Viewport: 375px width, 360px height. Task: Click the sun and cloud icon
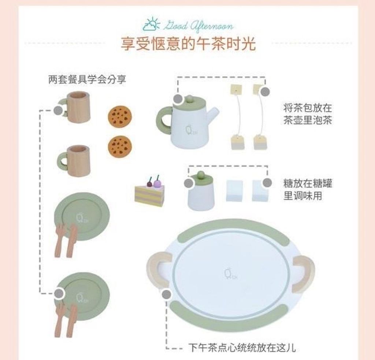151,24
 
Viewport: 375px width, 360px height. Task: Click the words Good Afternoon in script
198,26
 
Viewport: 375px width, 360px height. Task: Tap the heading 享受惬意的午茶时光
188,44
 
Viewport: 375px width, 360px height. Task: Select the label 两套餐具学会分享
87,79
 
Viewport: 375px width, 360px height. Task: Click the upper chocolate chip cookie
120,116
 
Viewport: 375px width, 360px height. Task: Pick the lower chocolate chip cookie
120,146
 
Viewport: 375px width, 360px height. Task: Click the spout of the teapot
212,115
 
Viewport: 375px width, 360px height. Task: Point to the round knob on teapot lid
190,98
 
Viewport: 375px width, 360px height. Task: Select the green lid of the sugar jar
201,177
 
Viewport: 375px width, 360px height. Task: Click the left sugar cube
234,191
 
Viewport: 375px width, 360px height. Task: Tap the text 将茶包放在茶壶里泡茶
308,114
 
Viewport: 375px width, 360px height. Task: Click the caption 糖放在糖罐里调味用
308,190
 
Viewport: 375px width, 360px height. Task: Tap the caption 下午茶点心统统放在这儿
242,348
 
